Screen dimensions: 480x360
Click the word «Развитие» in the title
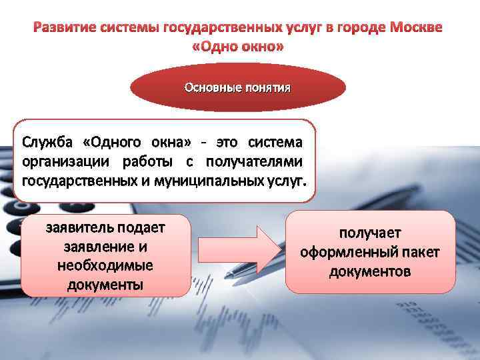point(63,29)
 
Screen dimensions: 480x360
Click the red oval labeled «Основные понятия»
point(237,87)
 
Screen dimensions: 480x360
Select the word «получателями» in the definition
point(254,161)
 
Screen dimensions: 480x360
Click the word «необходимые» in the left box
point(105,265)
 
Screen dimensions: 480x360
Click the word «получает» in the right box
point(370,234)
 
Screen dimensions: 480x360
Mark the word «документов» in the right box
point(370,272)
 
